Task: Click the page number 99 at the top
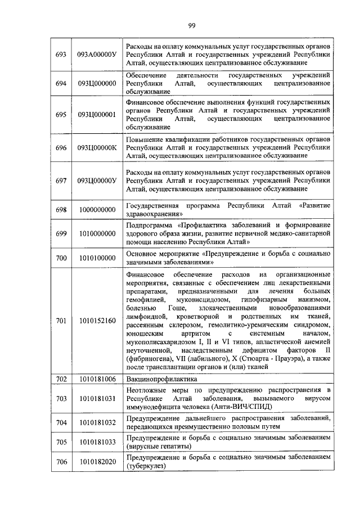191,25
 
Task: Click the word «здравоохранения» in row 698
154,214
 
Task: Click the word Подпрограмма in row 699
149,224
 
